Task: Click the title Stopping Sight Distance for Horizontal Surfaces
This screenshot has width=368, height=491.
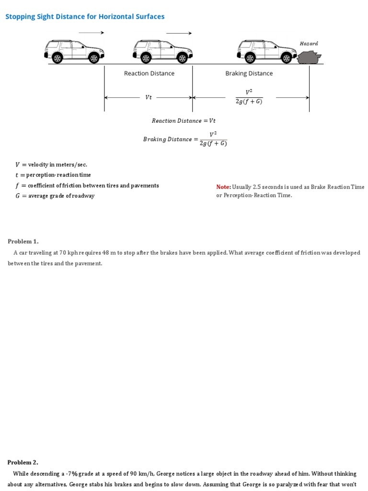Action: tap(85, 17)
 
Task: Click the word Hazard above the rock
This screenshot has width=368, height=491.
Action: tap(309, 44)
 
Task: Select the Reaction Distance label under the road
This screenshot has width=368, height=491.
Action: tap(149, 73)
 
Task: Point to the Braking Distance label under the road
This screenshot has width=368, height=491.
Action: tap(249, 73)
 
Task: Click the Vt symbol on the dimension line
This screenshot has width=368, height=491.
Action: tap(149, 97)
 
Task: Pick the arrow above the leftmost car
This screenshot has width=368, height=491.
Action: tap(91, 33)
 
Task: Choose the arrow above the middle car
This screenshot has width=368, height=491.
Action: tap(179, 33)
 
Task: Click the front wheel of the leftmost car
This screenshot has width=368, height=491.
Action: tap(94, 58)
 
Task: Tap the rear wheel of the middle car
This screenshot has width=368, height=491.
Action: tap(145, 58)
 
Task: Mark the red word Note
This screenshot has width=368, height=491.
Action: tap(223, 187)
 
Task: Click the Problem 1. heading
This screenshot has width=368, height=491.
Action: tap(23, 241)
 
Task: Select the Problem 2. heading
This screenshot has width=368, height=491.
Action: tap(23, 462)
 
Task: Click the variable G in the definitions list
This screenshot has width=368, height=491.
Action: tap(18, 196)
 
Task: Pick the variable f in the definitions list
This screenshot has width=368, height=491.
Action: tap(17, 186)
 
